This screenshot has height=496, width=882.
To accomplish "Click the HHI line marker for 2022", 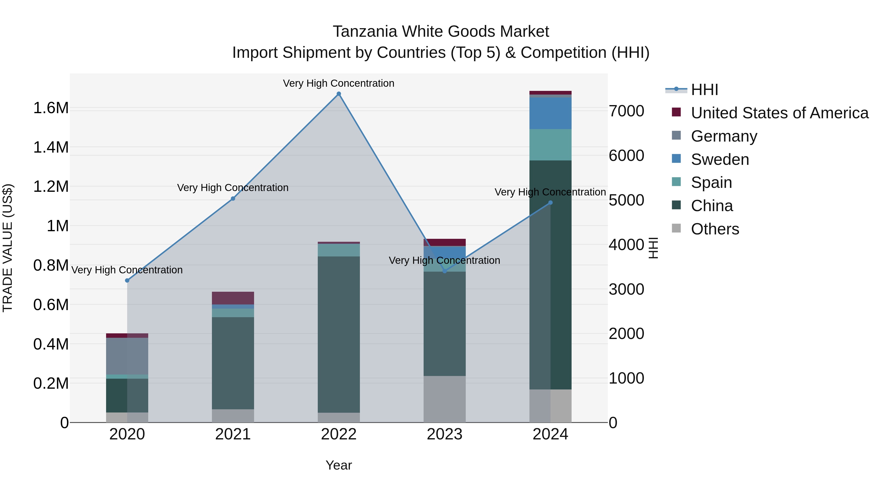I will [x=339, y=94].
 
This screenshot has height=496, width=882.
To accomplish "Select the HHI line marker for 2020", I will [x=127, y=280].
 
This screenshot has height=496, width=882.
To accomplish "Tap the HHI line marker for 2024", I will [x=550, y=203].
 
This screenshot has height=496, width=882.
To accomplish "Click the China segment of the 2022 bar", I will [x=339, y=334].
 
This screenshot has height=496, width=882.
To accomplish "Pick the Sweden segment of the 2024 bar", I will [x=550, y=113].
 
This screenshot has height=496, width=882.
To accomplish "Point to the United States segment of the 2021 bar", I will [x=233, y=298].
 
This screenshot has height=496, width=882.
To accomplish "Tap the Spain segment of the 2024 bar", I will [x=550, y=145].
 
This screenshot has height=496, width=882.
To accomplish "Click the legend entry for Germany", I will [x=723, y=136].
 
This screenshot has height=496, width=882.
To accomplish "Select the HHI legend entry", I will [x=704, y=90].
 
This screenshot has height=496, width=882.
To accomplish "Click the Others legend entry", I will [x=715, y=229].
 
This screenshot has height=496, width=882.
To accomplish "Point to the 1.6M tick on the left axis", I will [x=51, y=108].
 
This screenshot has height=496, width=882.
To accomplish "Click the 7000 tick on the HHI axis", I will [x=626, y=111].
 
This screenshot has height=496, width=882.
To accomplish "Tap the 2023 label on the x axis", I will [x=444, y=434].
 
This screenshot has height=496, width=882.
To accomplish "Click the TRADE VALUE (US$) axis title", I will [x=8, y=248].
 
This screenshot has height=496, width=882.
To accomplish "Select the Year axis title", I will [x=339, y=465].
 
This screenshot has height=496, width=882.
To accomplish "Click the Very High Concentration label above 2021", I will [x=233, y=188].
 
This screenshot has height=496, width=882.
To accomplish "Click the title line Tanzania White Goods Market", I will [x=441, y=32].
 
